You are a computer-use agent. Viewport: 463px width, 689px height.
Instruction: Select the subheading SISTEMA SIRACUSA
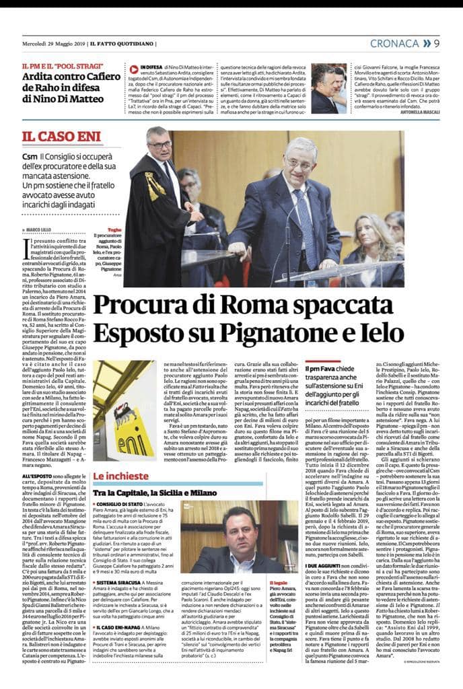(x=121, y=597)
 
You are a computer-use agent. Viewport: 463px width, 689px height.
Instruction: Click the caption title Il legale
(x=278, y=582)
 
